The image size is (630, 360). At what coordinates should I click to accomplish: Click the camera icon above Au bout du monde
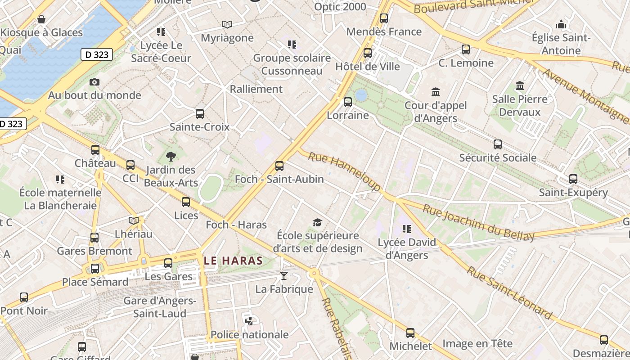(94, 82)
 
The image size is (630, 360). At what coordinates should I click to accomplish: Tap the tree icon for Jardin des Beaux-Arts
(171, 157)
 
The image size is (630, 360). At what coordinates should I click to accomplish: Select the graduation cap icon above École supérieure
(317, 222)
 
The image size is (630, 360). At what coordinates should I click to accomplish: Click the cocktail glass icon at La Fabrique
(283, 276)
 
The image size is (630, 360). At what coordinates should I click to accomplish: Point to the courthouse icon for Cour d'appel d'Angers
(435, 92)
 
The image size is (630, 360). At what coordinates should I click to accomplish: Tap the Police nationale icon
(249, 321)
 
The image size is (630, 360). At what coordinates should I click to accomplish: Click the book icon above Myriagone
(227, 24)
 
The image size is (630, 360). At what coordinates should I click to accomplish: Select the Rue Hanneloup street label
(344, 171)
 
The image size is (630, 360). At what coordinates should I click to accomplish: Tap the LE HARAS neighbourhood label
(233, 261)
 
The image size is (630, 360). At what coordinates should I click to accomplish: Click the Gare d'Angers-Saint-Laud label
(160, 307)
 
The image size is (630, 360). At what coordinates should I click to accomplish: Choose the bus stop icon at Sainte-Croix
(200, 114)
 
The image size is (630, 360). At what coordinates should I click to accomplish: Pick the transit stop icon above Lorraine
(348, 102)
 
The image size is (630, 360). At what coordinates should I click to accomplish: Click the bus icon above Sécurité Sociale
(497, 144)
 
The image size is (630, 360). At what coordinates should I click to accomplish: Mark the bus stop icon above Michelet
(410, 333)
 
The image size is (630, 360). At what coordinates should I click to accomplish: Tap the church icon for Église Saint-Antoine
(561, 24)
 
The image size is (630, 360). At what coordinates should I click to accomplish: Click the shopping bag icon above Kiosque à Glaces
(41, 19)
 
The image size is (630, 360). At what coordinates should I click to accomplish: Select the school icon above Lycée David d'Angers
(407, 229)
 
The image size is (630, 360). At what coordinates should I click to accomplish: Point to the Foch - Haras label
(236, 225)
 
